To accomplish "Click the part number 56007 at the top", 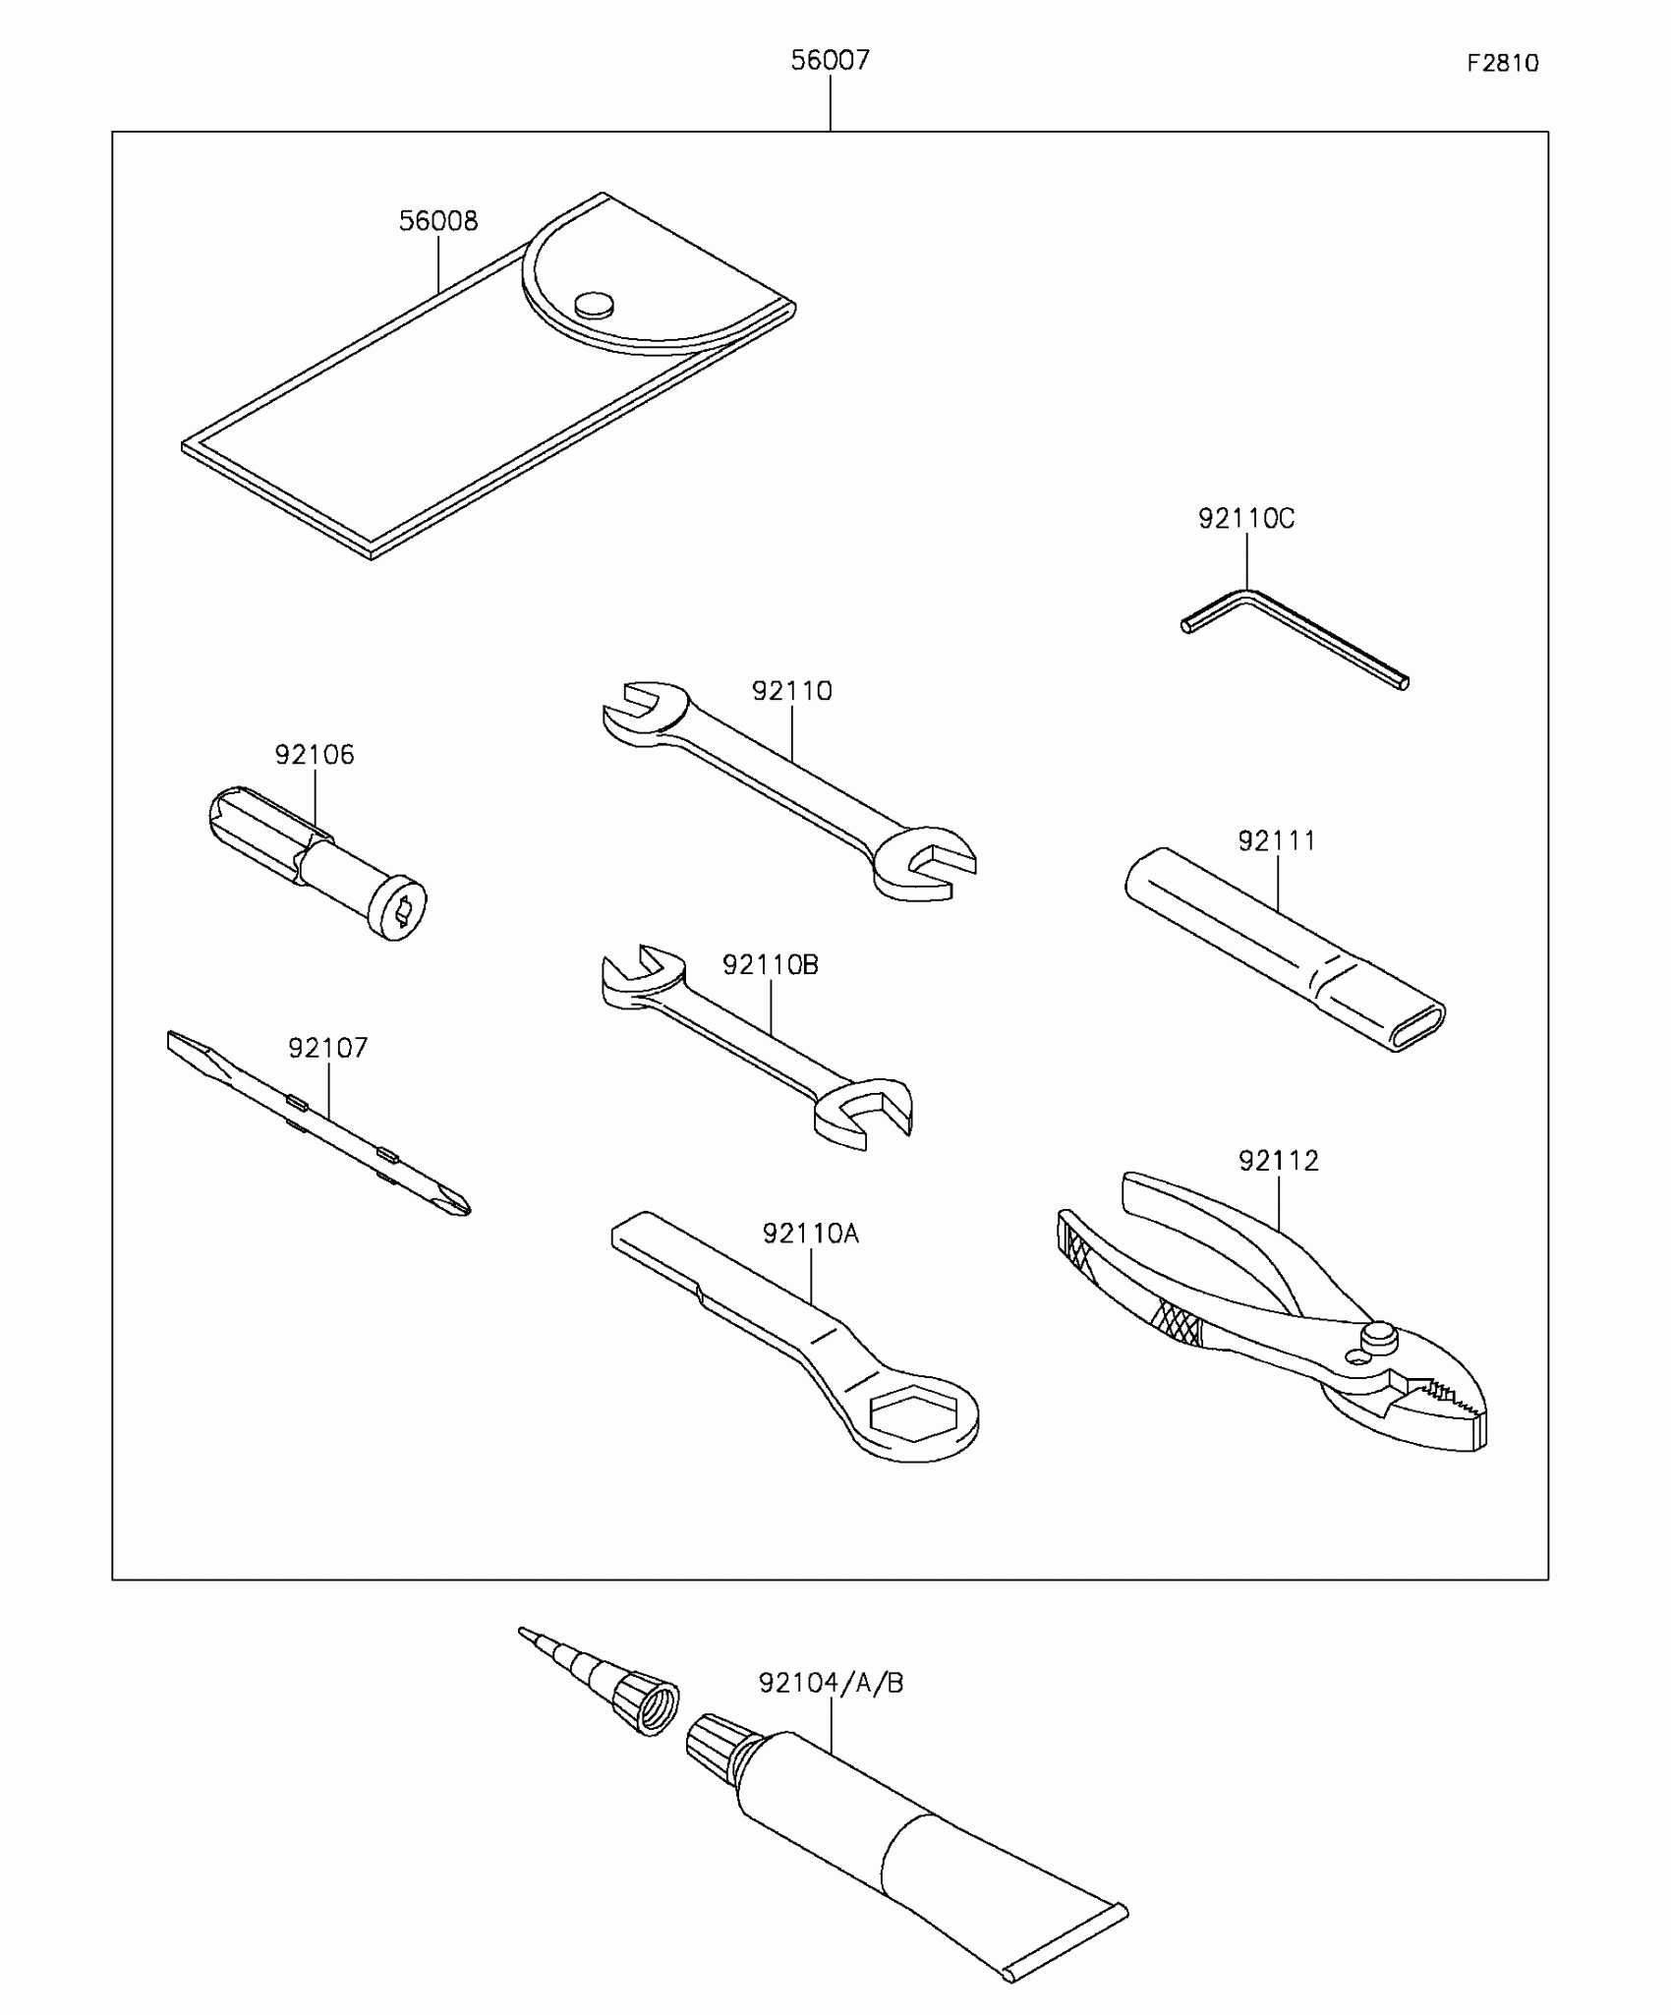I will click(830, 61).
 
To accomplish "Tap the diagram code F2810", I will click(1502, 64).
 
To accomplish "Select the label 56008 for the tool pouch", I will click(438, 221).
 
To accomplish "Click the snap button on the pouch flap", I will click(594, 305).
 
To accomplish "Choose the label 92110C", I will click(1246, 519).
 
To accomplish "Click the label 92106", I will click(315, 755).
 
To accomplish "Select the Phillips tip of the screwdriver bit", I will click(454, 1201).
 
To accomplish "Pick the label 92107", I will click(327, 1048).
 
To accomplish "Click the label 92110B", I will click(770, 965).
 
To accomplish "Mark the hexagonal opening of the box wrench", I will click(912, 1415).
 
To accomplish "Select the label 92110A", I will click(810, 1234).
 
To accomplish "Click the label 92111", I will click(1276, 841).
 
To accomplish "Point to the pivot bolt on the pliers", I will click(1379, 1334).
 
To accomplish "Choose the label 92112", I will click(1278, 1161).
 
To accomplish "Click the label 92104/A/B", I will click(831, 1684).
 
